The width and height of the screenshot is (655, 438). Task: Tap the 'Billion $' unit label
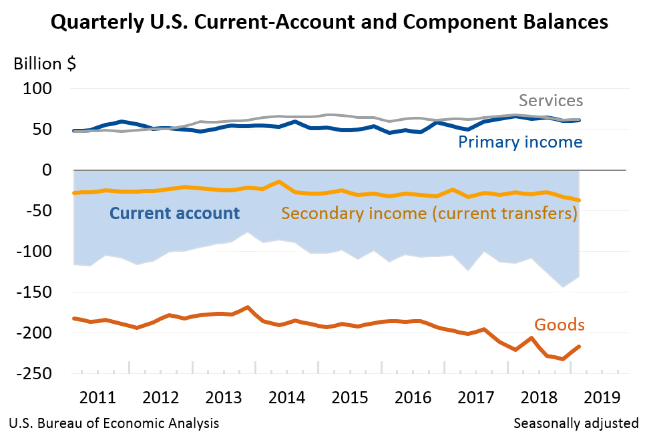tap(45, 65)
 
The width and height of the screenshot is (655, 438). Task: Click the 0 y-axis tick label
tap(47, 170)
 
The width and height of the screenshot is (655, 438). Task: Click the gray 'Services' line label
tap(551, 101)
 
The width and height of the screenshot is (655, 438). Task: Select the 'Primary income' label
tap(520, 142)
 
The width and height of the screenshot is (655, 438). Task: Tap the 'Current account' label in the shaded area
tap(174, 214)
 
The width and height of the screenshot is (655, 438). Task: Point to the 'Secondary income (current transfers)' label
tap(429, 214)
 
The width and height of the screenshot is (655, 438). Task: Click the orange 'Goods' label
tap(560, 325)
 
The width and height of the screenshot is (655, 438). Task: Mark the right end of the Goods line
tap(579, 346)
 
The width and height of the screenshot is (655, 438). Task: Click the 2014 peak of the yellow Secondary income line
tap(278, 182)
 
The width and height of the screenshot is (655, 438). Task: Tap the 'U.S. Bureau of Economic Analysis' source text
tap(113, 423)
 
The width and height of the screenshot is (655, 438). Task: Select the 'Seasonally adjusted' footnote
tap(576, 423)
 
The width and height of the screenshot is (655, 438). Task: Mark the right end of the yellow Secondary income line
tap(579, 200)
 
